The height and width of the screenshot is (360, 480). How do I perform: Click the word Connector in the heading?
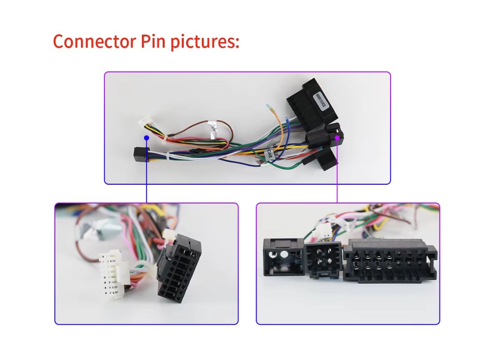[94, 41]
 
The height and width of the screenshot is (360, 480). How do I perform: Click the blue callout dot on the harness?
[147, 138]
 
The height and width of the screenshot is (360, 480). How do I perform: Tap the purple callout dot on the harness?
[337, 137]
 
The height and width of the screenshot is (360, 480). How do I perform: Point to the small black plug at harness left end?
[139, 153]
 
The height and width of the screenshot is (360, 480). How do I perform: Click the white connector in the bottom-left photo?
[112, 274]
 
